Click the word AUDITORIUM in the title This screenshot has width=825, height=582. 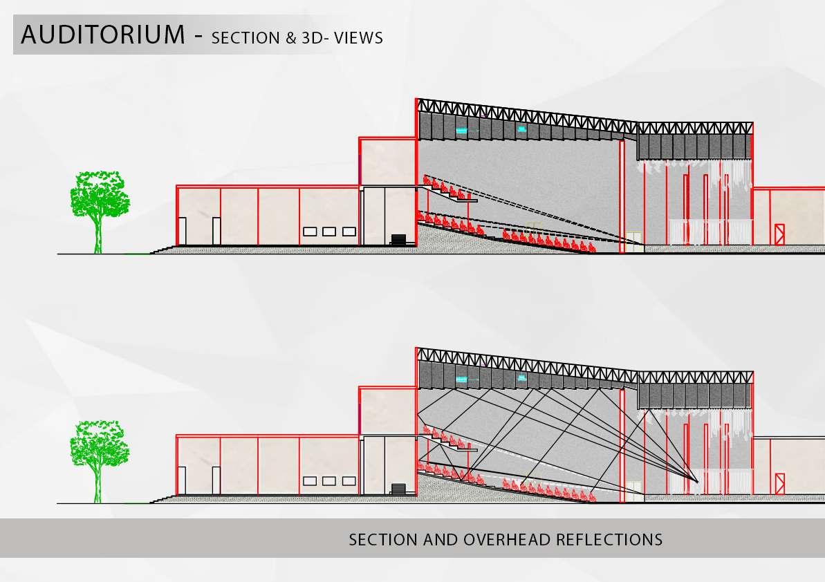coord(103,35)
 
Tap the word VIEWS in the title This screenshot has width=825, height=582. coord(358,38)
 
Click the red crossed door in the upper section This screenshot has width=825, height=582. coord(780,234)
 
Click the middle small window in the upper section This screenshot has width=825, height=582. coord(329,232)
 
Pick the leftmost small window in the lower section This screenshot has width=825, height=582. coord(310,480)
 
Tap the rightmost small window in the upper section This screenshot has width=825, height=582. coord(349,232)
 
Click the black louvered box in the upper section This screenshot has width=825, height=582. coord(400,240)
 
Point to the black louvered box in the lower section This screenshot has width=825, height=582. coord(400,488)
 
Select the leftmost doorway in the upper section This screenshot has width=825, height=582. coord(182,231)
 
